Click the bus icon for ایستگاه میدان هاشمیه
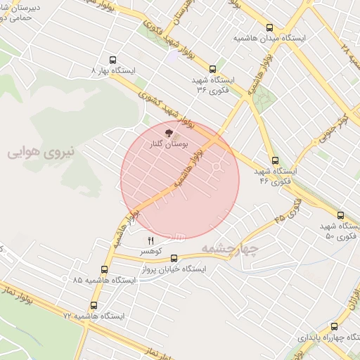point(270,27)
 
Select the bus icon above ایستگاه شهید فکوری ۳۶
point(212,69)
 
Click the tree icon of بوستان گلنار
point(167,131)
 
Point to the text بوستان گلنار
point(162,143)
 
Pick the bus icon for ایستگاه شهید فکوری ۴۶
point(274,160)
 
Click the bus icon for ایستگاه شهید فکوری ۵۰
point(340,215)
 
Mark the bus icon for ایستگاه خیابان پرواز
point(174,258)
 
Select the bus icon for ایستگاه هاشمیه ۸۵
point(104,269)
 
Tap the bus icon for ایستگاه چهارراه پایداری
point(333,326)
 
